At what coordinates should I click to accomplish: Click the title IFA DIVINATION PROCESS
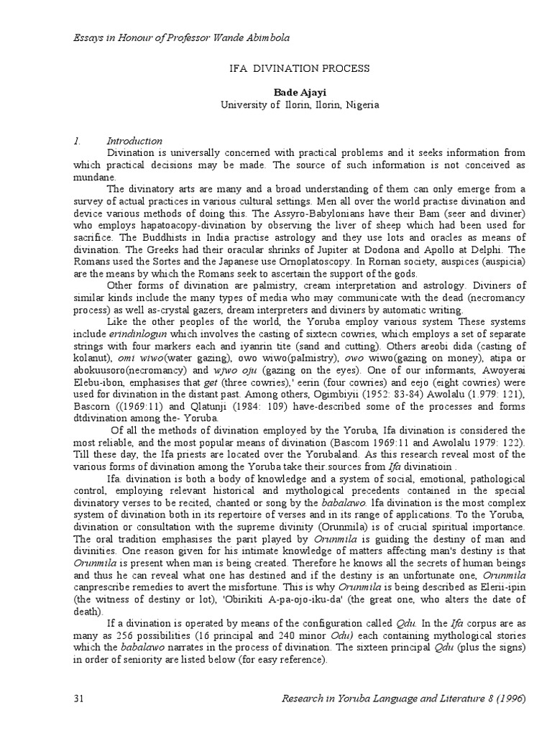pyautogui.click(x=298, y=68)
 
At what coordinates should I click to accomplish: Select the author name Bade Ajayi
pyautogui.click(x=298, y=92)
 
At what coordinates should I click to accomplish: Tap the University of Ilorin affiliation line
pyautogui.click(x=298, y=104)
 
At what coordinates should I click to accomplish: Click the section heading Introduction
pyautogui.click(x=134, y=141)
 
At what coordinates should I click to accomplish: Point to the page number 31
pyautogui.click(x=80, y=699)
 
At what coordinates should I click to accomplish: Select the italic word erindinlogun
pyautogui.click(x=134, y=336)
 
